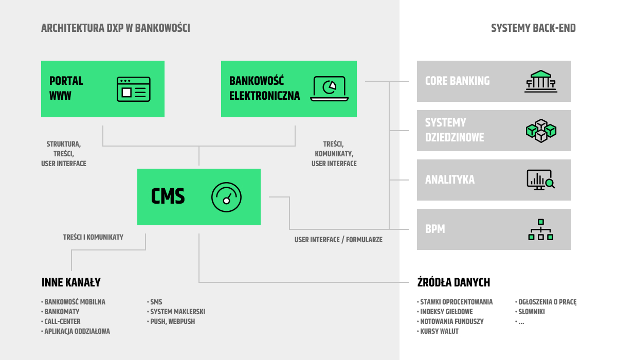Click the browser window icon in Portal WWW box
click(x=134, y=89)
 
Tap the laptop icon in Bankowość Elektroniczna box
click(x=330, y=88)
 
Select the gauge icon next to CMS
click(x=226, y=197)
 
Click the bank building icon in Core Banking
click(x=541, y=81)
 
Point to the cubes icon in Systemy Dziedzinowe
click(x=541, y=131)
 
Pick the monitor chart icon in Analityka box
click(x=541, y=180)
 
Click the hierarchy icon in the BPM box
click(x=541, y=229)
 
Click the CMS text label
click(x=168, y=196)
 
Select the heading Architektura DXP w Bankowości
click(x=116, y=28)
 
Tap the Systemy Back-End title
click(x=533, y=28)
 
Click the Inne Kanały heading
click(x=71, y=282)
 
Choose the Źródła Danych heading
click(x=453, y=282)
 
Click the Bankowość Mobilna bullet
click(x=73, y=302)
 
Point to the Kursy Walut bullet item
click(x=438, y=331)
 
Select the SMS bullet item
click(x=155, y=302)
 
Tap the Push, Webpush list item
click(x=171, y=321)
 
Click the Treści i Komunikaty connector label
click(x=93, y=237)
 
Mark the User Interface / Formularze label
click(x=338, y=240)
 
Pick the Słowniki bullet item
click(x=530, y=312)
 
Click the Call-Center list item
click(x=61, y=321)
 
